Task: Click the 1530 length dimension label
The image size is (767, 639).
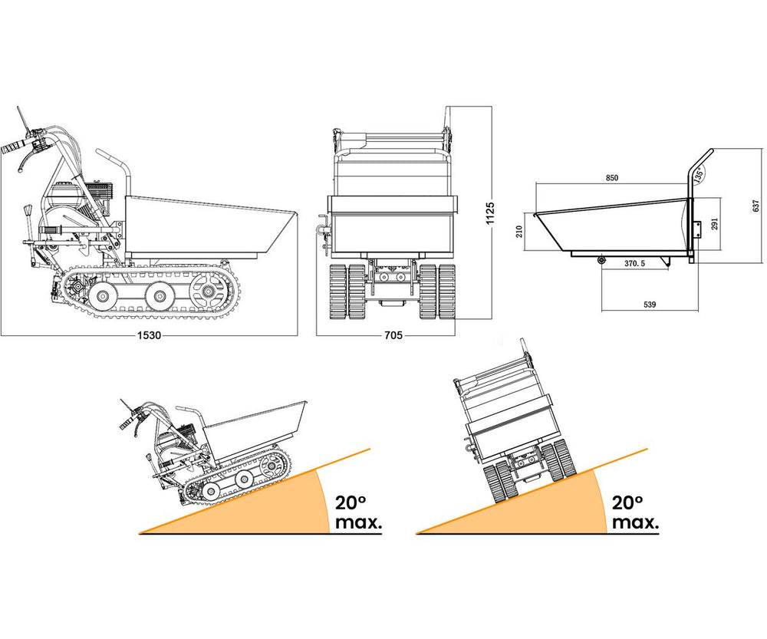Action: [149, 335]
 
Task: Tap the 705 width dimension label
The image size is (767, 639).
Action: [393, 335]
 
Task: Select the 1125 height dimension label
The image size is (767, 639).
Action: [490, 214]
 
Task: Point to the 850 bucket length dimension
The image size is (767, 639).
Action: [612, 178]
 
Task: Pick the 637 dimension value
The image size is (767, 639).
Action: [756, 206]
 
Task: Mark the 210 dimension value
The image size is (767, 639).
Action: [519, 232]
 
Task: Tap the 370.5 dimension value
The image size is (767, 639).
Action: [634, 263]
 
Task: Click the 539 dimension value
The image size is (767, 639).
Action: [650, 305]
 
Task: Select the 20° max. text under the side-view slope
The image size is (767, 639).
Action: [357, 512]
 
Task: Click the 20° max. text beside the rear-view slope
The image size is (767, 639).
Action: [635, 512]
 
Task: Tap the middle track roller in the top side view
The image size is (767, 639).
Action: [158, 295]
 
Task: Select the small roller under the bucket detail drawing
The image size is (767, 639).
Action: [601, 259]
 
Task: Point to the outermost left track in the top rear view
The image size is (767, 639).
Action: [337, 292]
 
